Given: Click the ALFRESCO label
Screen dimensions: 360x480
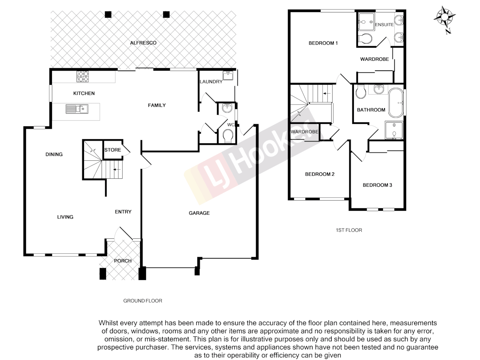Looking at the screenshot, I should [143, 43].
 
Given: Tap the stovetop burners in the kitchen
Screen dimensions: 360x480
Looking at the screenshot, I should [83, 77].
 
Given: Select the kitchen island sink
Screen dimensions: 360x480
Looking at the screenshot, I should [77, 109].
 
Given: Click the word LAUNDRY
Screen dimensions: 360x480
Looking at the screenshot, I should [211, 82].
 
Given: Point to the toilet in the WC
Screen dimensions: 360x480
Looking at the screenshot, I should [228, 136].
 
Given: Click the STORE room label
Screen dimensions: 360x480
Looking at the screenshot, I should [113, 150].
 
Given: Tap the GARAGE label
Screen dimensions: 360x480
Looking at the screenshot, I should [199, 213].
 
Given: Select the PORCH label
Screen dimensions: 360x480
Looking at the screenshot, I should [123, 261].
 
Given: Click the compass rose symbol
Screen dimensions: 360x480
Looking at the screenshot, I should [445, 17].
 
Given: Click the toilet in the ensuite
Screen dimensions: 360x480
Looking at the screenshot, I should [365, 39].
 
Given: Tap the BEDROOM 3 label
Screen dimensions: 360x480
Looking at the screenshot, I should [377, 185].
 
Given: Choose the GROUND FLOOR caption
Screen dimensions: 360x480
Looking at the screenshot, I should [143, 301].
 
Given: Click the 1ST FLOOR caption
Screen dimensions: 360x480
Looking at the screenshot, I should [349, 230].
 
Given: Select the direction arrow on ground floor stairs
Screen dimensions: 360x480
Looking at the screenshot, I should [116, 170].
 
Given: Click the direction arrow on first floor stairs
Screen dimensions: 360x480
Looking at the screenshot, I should [327, 94].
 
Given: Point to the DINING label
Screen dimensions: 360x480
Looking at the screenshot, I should [54, 154].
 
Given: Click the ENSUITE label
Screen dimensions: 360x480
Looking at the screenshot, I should [384, 25].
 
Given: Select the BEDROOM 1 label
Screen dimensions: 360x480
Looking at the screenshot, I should [323, 43].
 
